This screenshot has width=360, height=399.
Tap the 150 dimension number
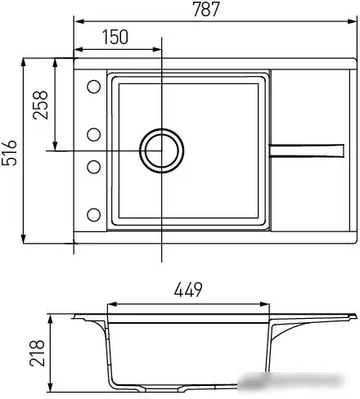pos(116,37)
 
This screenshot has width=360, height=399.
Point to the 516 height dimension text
pos(9,152)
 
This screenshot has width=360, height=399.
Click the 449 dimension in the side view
pos(189,289)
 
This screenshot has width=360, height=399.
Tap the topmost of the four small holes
pos(92,87)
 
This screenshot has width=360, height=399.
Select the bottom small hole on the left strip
pos(92,215)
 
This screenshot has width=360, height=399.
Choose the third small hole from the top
pos(92,167)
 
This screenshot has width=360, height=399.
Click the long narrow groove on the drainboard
pos(306,148)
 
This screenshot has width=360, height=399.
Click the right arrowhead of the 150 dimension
pos(157,48)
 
